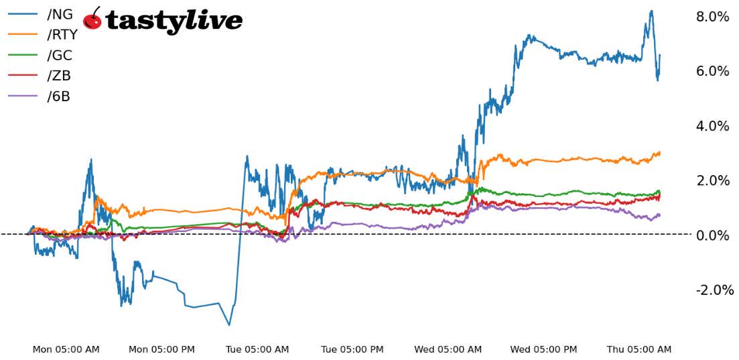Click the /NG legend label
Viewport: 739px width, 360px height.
(x=60, y=15)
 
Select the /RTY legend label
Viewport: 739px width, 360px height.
(x=62, y=35)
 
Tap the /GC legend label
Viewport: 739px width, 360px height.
(x=60, y=56)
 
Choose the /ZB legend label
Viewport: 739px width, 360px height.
(x=59, y=76)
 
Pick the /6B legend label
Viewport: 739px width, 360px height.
(x=59, y=96)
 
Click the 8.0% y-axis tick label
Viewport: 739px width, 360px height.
(x=713, y=17)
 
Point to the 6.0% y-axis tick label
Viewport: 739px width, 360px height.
(x=713, y=71)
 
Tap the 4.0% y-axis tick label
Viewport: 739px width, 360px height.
(x=713, y=126)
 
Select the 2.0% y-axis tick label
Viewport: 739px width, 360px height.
(x=713, y=180)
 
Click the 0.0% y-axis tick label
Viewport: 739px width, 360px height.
(x=713, y=235)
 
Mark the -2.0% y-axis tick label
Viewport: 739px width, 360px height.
(x=715, y=290)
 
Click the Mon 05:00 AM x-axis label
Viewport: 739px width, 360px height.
(x=66, y=349)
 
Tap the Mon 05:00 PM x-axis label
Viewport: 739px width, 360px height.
(x=161, y=349)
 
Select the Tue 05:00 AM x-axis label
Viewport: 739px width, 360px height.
(x=257, y=349)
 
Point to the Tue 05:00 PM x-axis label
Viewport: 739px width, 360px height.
(x=352, y=349)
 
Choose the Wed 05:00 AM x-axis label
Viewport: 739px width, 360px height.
(x=448, y=349)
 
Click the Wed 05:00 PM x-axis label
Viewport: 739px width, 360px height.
(x=543, y=349)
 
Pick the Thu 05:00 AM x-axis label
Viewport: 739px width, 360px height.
(x=639, y=349)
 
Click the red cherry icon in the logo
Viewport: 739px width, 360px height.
(x=92, y=20)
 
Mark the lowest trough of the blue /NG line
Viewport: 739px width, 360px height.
(x=229, y=325)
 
